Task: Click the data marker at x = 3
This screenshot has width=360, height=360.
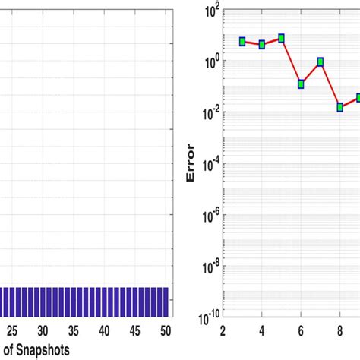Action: (242, 42)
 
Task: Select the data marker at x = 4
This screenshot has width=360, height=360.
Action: (262, 45)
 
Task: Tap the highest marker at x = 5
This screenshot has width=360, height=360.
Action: (282, 38)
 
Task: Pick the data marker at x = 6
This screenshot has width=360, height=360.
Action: (302, 84)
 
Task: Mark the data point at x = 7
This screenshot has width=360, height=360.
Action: (321, 62)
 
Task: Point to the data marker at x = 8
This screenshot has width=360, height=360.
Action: (340, 107)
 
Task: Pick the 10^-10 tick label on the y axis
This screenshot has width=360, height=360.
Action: (204, 317)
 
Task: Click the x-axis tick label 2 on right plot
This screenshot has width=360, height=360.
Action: (223, 331)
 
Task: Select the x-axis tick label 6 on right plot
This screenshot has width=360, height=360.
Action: (302, 331)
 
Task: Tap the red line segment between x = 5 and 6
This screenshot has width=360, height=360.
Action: (292, 61)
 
